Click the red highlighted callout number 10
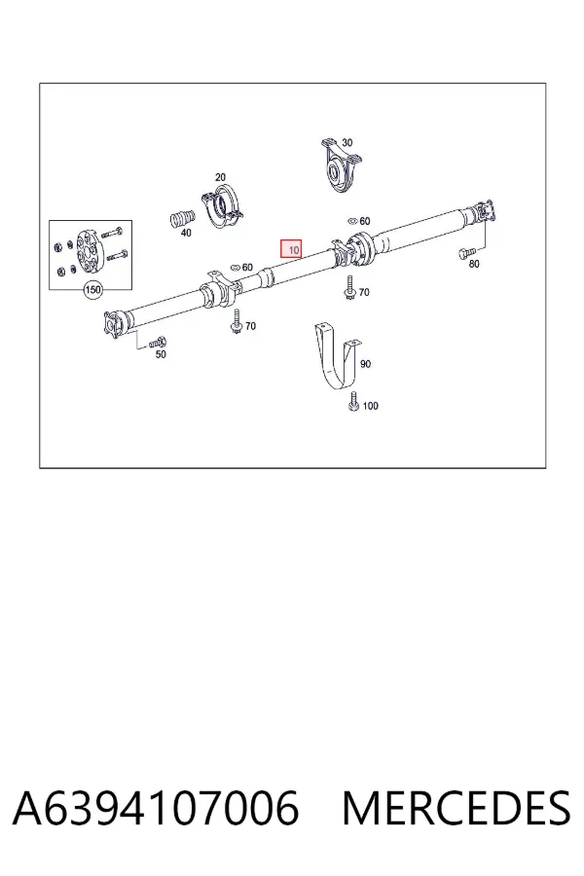pyautogui.click(x=291, y=250)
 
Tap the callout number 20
pyautogui.click(x=220, y=177)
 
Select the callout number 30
pyautogui.click(x=347, y=142)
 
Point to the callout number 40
pyautogui.click(x=186, y=232)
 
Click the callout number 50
pyautogui.click(x=161, y=354)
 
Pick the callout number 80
pyautogui.click(x=474, y=264)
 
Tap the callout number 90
pyautogui.click(x=365, y=364)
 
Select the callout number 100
pyautogui.click(x=371, y=406)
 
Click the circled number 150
pyautogui.click(x=92, y=289)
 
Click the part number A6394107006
pyautogui.click(x=156, y=808)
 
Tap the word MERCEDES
pyautogui.click(x=456, y=808)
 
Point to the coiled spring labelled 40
pyautogui.click(x=182, y=218)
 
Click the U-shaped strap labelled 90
pyautogui.click(x=336, y=357)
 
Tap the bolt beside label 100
pyautogui.click(x=353, y=402)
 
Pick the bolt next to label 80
pyautogui.click(x=466, y=254)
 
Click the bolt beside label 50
pyautogui.click(x=158, y=342)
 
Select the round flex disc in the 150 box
pyautogui.click(x=89, y=252)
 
